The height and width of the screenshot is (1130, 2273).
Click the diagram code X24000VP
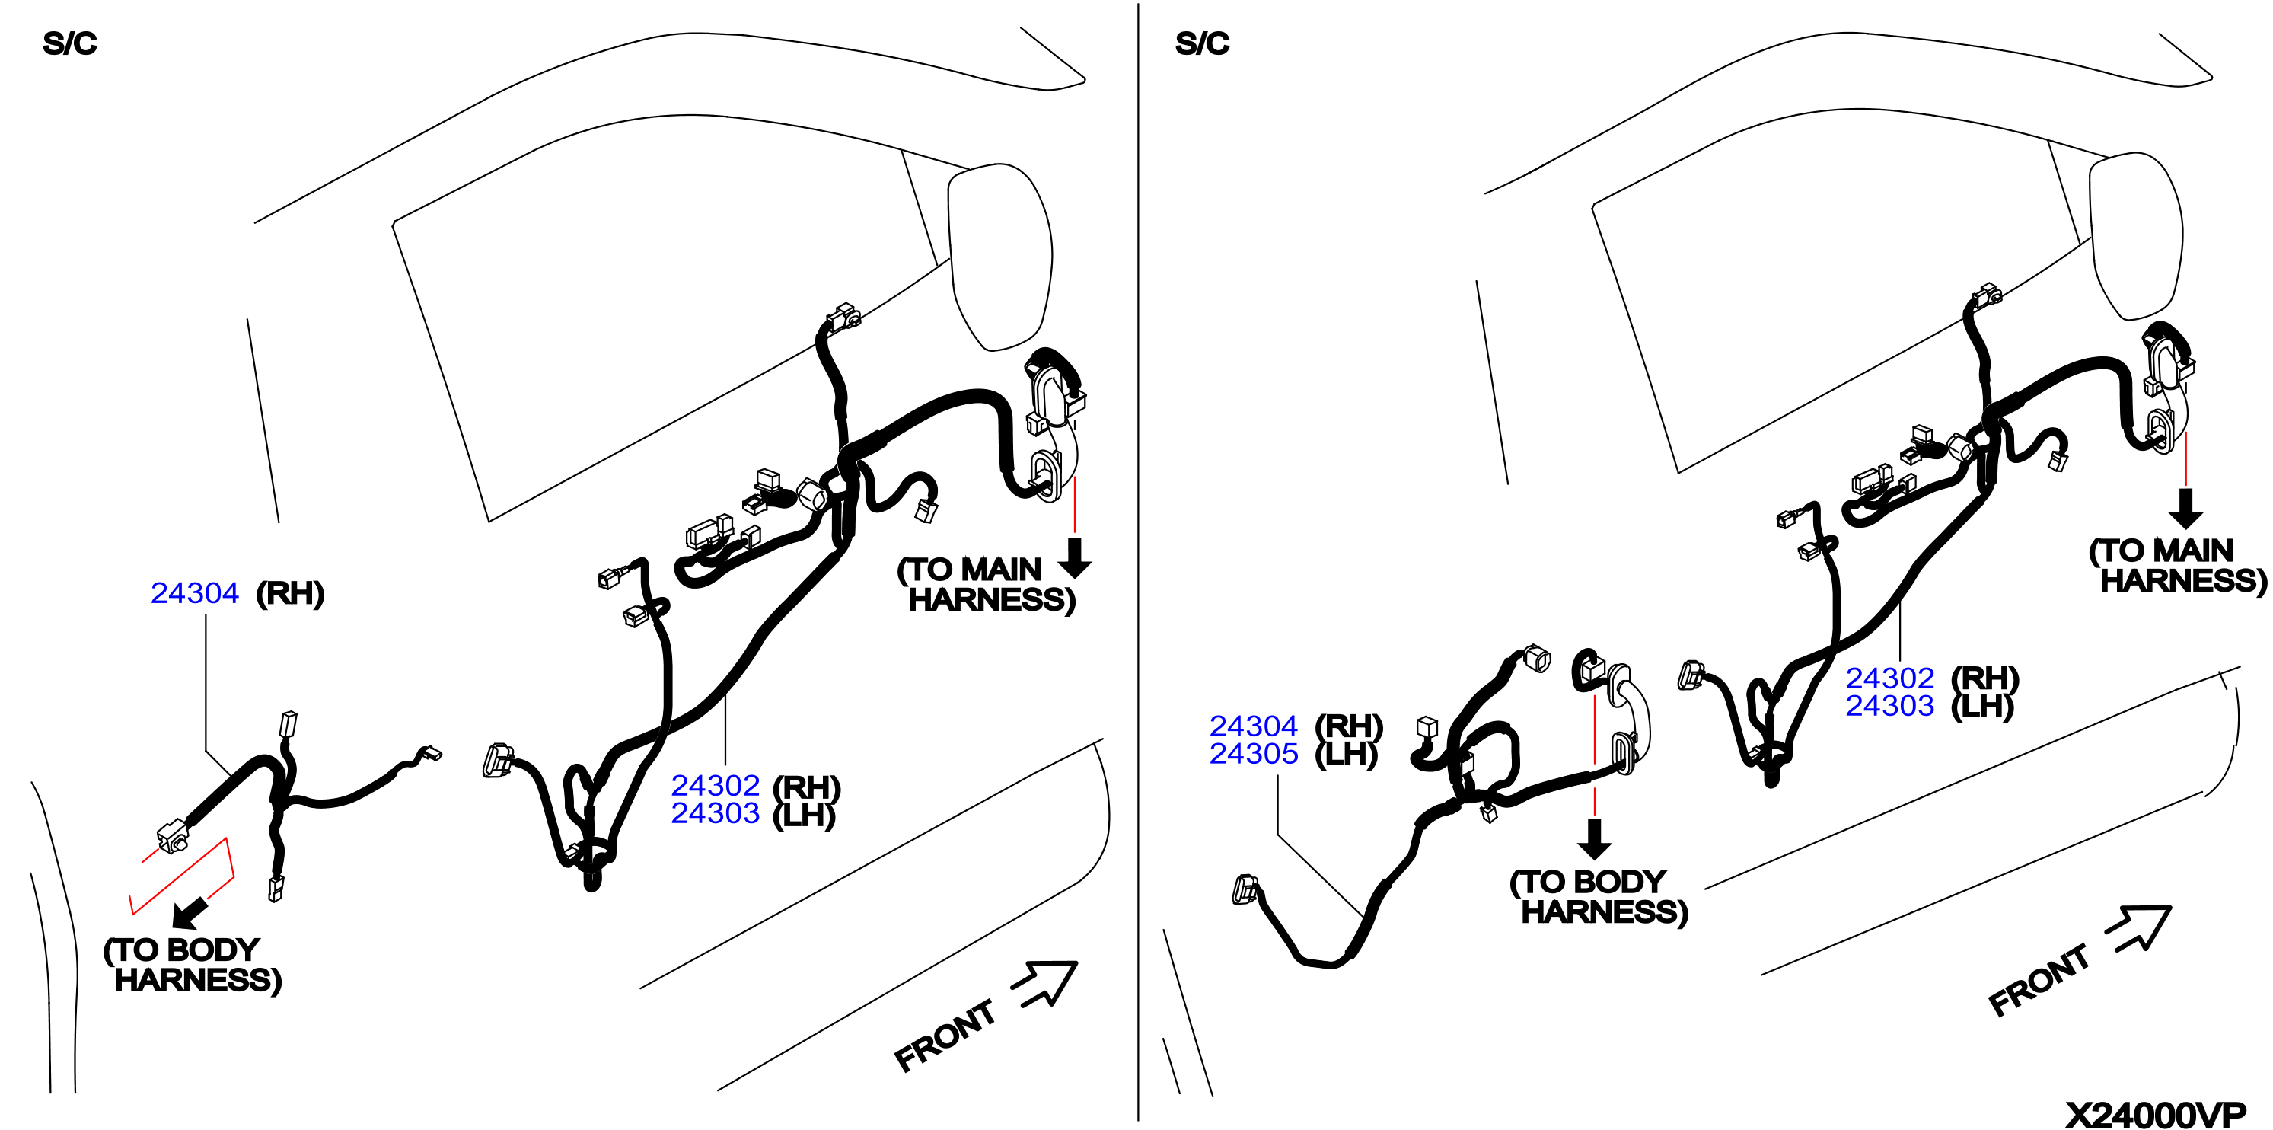(2156, 1115)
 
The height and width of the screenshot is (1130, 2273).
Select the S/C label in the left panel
(70, 43)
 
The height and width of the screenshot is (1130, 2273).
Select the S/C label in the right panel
(1202, 43)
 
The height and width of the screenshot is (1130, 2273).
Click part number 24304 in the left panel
(194, 592)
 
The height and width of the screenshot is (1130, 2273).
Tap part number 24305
(1253, 753)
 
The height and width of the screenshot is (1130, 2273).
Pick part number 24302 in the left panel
(715, 785)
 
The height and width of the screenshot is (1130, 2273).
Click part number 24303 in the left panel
(715, 812)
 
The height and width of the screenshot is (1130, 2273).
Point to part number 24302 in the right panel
(1890, 678)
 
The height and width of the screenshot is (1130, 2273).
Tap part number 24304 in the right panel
(1253, 726)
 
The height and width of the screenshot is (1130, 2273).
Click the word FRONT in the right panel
(2039, 980)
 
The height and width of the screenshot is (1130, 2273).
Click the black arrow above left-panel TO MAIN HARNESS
(1075, 557)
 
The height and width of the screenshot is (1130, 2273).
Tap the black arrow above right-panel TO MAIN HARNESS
(2185, 509)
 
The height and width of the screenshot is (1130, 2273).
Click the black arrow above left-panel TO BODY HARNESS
(190, 914)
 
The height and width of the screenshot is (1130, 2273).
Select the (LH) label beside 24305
(1347, 754)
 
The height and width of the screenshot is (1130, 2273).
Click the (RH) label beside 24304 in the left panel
(290, 593)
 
